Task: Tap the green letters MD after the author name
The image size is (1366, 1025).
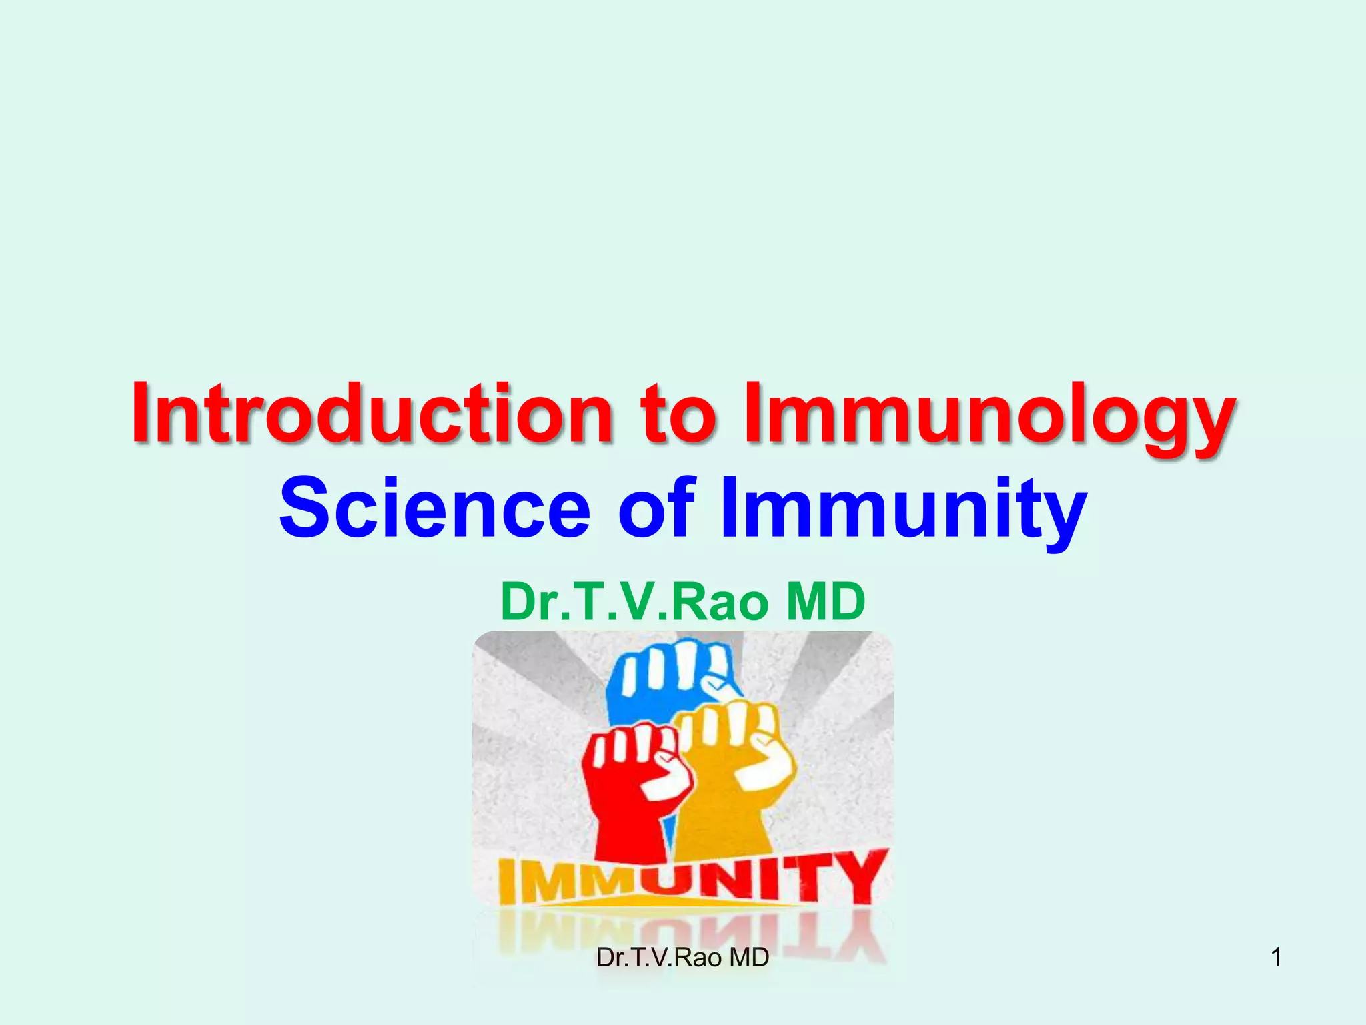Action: [x=826, y=601]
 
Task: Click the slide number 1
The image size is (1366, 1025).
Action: [x=1276, y=958]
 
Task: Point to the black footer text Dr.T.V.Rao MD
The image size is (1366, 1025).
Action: [x=682, y=958]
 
